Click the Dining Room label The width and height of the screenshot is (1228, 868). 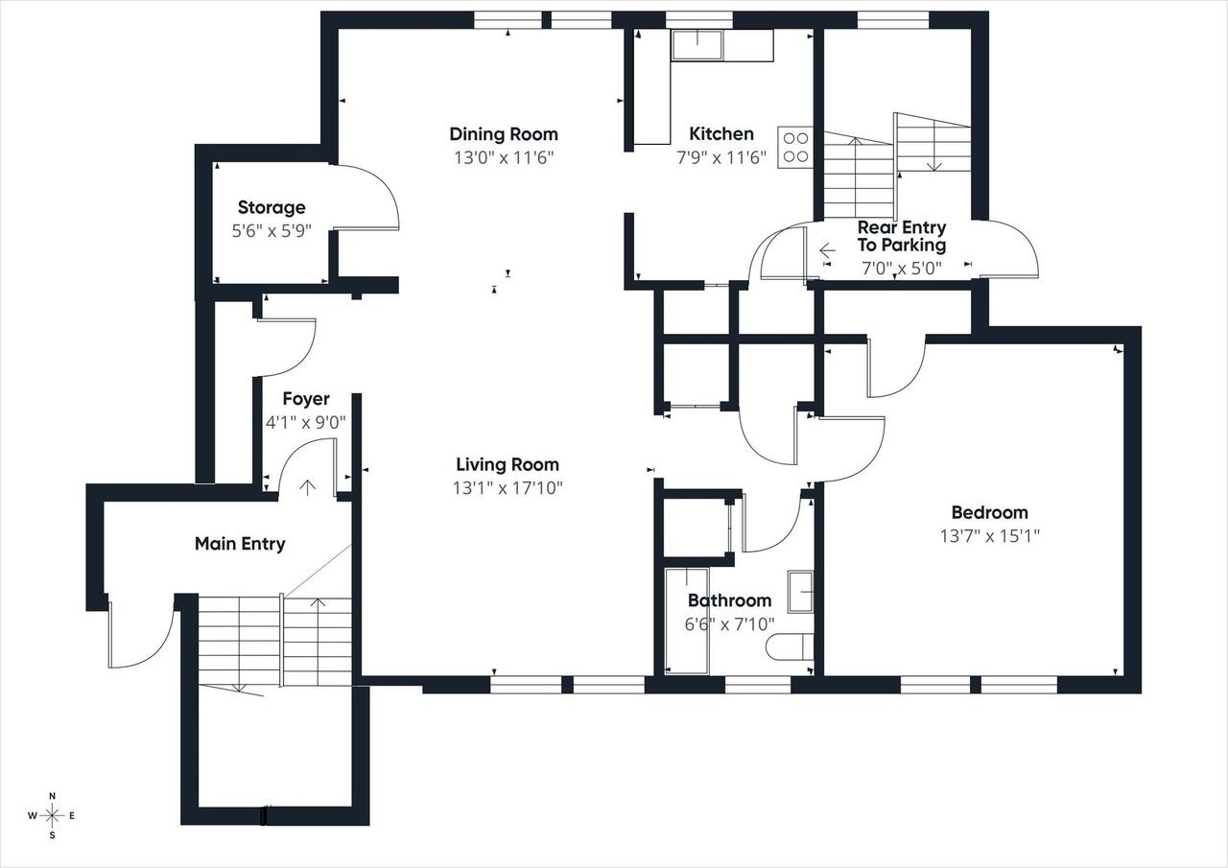tap(504, 134)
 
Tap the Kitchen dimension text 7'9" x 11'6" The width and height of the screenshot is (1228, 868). tap(720, 158)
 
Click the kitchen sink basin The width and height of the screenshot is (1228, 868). tap(697, 44)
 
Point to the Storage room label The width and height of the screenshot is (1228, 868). tap(272, 208)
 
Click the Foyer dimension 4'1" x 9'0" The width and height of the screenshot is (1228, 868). tap(306, 423)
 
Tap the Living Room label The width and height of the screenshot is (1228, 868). tap(508, 464)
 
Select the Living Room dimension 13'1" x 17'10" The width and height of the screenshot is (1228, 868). tap(508, 487)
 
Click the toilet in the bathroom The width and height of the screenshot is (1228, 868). tap(790, 646)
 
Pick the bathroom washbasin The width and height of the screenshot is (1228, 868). tap(800, 592)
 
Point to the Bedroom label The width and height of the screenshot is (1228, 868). tap(989, 513)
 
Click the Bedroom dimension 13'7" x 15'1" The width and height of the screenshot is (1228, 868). tap(989, 536)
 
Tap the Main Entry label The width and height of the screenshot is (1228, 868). tap(240, 544)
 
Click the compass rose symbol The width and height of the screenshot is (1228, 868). tap(52, 816)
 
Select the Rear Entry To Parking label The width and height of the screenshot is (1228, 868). tap(902, 236)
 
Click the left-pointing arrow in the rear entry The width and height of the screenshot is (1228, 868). tap(827, 251)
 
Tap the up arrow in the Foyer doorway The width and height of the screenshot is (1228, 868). tap(308, 487)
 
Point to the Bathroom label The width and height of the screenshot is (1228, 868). tap(730, 600)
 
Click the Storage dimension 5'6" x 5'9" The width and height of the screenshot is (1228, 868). tap(272, 231)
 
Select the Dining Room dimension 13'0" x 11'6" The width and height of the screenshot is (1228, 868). tap(504, 158)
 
